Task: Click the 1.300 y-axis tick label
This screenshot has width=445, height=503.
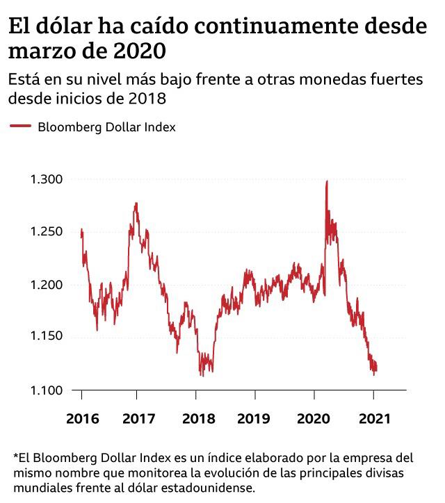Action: (x=47, y=179)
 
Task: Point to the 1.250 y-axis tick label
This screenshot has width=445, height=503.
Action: (x=47, y=231)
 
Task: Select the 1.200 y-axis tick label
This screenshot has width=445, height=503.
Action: (x=47, y=284)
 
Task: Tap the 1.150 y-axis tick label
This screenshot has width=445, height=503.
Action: (x=47, y=336)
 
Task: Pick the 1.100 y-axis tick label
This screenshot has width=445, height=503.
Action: (x=47, y=389)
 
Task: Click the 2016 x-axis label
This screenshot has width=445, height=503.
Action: (x=81, y=420)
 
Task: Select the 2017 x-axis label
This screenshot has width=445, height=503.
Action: (x=136, y=420)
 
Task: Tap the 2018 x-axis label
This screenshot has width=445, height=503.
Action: (x=195, y=420)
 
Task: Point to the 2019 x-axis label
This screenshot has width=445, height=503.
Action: (x=254, y=420)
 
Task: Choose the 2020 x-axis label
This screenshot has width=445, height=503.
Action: (x=314, y=420)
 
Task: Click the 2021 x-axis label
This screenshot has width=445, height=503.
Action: (x=373, y=420)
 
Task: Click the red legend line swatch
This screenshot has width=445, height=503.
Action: (x=20, y=126)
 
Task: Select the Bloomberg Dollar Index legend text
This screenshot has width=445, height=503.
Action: (x=106, y=127)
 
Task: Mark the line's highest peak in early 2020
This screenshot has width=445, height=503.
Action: (x=327, y=181)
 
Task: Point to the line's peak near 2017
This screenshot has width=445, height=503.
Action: (x=136, y=203)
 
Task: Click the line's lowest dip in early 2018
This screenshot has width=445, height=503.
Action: (x=202, y=375)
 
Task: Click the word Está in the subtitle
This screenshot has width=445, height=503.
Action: (x=26, y=79)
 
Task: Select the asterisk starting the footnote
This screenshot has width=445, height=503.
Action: (x=15, y=457)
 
